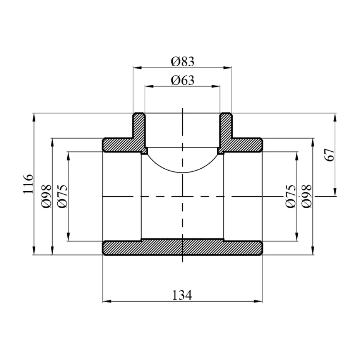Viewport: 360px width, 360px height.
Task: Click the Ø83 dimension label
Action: (x=183, y=62)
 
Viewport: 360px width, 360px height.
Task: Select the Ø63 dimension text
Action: (x=183, y=80)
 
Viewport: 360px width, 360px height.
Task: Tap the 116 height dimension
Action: (x=28, y=184)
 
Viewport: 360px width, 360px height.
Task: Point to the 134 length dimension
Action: (x=182, y=295)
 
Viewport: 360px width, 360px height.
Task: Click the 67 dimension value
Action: (x=330, y=155)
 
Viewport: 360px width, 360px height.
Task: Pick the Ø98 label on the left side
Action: (x=46, y=196)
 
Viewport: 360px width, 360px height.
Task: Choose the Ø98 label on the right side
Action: (x=307, y=196)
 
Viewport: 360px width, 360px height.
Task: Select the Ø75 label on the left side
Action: (x=63, y=196)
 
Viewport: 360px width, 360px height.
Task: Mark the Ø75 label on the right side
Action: (x=291, y=196)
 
